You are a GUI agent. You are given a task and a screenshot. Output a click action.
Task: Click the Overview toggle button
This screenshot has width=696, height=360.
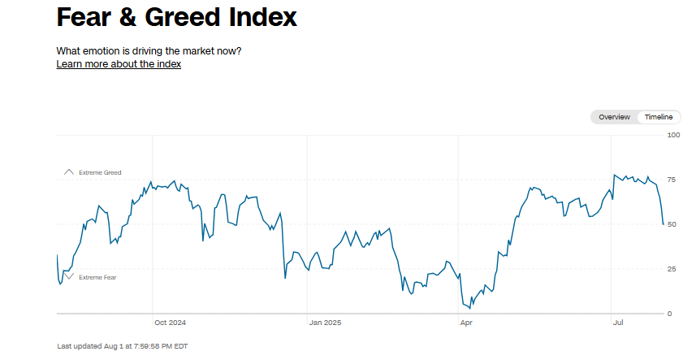[x=614, y=117]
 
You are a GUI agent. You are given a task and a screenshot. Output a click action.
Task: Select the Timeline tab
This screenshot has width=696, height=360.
[x=659, y=117]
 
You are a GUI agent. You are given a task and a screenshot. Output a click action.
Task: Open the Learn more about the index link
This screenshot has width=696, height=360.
[x=119, y=64]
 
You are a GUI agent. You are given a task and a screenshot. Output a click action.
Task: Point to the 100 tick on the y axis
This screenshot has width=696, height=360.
[x=673, y=135]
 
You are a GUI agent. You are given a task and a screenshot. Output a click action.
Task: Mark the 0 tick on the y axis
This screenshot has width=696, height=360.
[x=670, y=314]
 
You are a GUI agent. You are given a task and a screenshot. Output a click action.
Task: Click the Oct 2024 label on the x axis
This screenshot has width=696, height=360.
[x=171, y=323]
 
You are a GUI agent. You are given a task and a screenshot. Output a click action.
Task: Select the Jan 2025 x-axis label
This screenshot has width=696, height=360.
[x=326, y=323]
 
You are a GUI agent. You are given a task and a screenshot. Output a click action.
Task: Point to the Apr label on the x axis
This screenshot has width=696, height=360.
[x=466, y=323]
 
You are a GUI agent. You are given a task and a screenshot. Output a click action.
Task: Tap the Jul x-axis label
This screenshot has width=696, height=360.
[x=618, y=323]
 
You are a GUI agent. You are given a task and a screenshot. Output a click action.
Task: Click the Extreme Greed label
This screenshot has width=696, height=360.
[x=100, y=172]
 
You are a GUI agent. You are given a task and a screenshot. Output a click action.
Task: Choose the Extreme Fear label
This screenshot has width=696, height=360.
[x=97, y=277]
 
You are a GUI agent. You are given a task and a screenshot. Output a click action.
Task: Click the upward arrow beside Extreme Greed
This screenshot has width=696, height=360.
[x=69, y=172]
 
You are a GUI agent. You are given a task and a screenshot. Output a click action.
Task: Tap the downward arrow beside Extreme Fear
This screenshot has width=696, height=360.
[x=69, y=277]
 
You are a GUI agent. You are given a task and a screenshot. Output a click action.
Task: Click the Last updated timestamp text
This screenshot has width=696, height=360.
[x=123, y=346]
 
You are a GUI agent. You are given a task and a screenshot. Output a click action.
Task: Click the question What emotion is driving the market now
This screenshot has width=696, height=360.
[x=149, y=51]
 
